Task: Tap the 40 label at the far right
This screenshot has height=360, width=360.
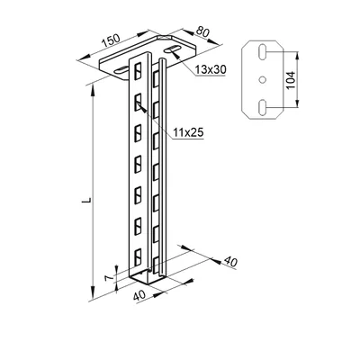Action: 230,262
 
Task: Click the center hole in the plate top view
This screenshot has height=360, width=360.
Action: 262,80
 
